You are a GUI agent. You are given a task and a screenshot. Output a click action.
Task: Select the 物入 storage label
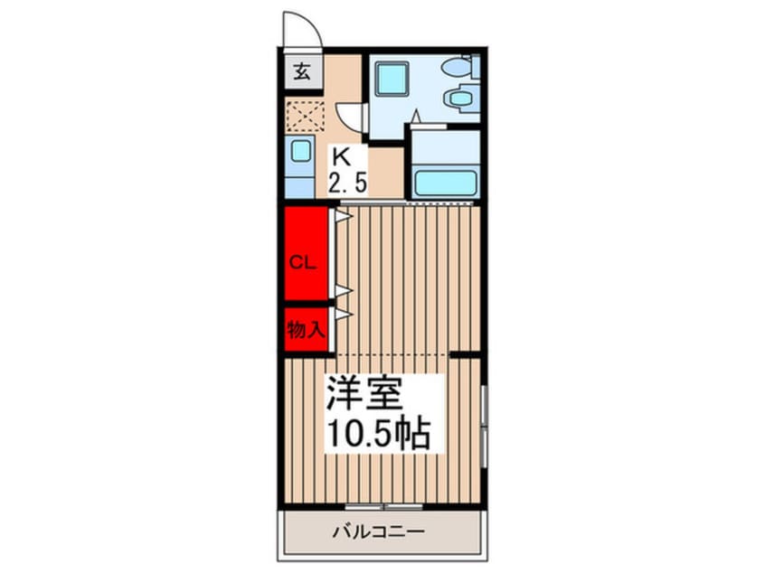pyautogui.click(x=305, y=329)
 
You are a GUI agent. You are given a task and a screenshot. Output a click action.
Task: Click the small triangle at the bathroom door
pyautogui.click(x=415, y=115)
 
